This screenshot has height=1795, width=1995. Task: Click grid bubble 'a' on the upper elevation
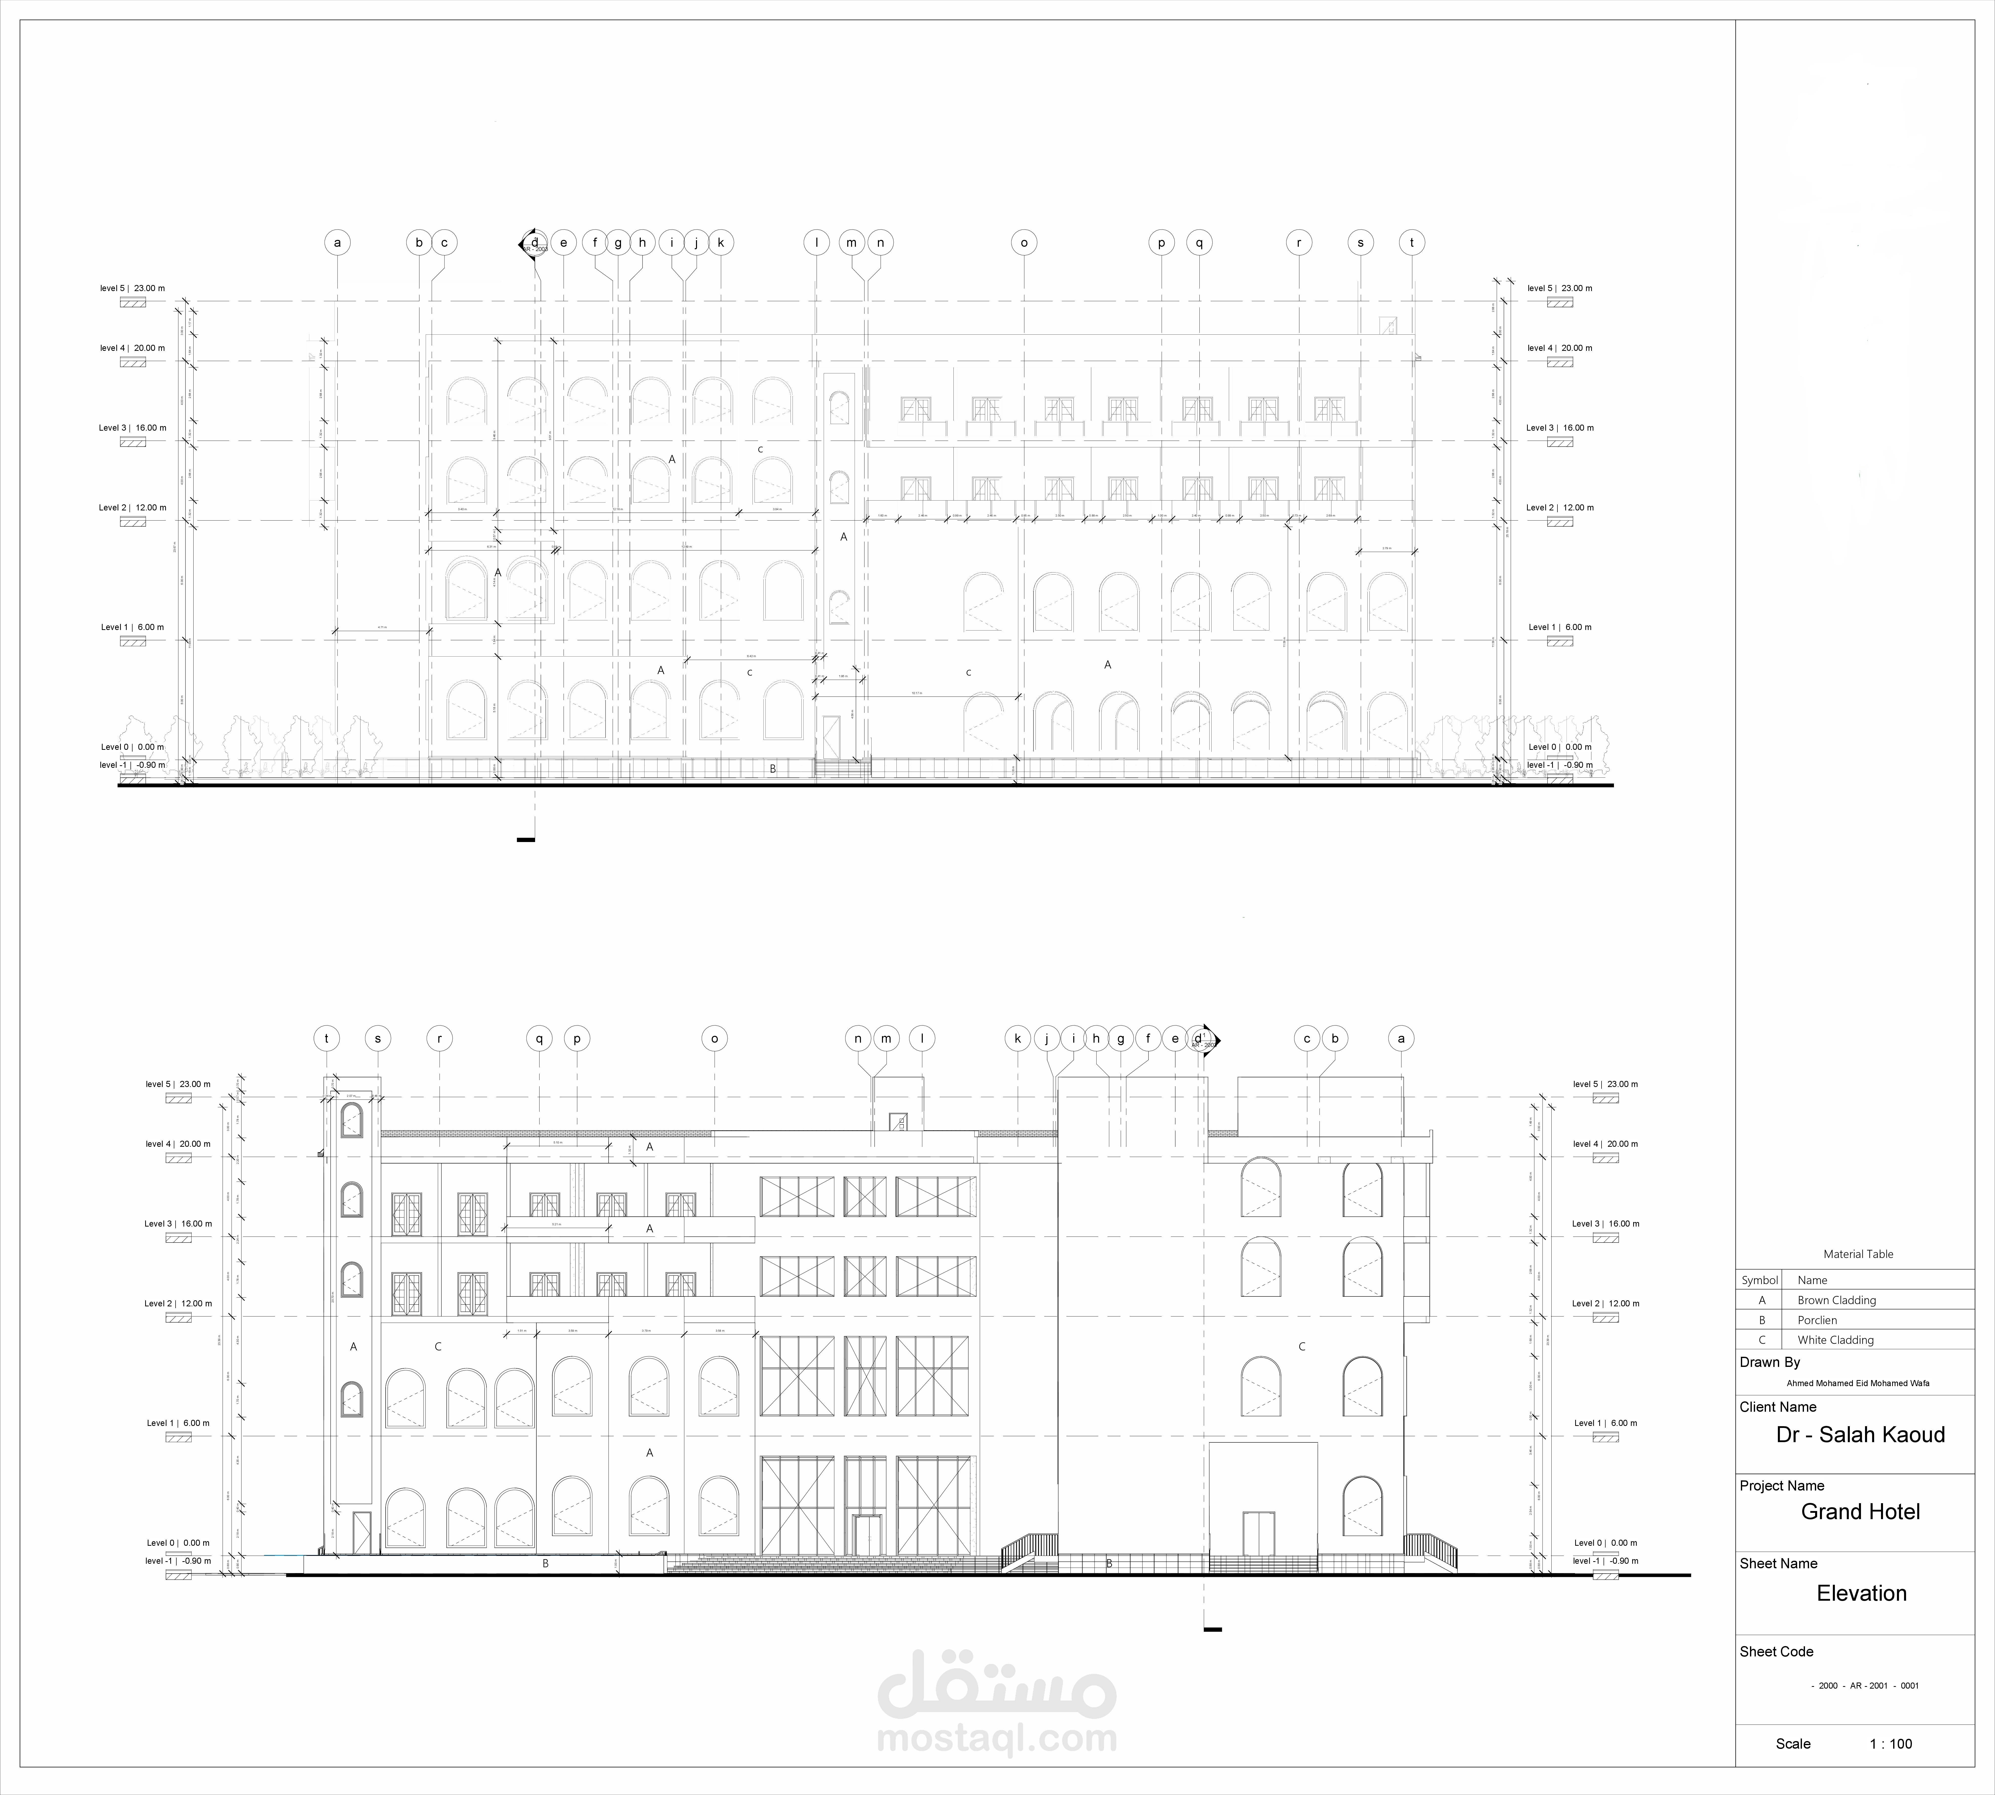click(337, 243)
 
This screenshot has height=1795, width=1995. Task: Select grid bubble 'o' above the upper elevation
click(1024, 243)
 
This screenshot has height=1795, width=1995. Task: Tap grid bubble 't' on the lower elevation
click(327, 1039)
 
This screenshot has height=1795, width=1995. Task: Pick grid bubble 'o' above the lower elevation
click(714, 1039)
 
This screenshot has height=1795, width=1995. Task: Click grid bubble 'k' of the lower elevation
click(1017, 1039)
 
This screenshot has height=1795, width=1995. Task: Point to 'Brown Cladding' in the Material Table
click(1836, 1300)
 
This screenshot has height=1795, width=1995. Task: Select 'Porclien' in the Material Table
click(1816, 1320)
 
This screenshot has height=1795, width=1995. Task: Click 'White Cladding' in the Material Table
click(1835, 1339)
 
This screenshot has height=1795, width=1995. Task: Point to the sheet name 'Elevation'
click(1861, 1593)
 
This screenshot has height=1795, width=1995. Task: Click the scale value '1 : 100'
click(1890, 1744)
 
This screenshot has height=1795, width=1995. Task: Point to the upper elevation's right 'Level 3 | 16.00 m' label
click(1559, 428)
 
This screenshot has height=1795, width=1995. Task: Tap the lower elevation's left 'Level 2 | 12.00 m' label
click(178, 1304)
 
